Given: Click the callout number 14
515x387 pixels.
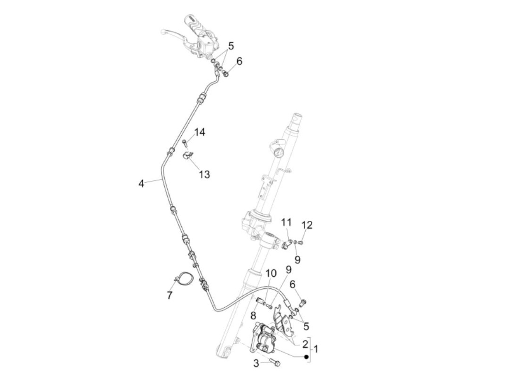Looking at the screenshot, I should click(200, 132).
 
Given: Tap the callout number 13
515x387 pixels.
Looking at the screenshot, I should click(204, 174).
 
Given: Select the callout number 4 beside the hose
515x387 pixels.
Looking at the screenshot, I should click(141, 183).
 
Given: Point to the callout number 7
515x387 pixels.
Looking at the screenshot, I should click(170, 295).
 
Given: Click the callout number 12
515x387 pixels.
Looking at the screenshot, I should click(307, 225).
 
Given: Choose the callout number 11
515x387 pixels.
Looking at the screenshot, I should click(286, 222).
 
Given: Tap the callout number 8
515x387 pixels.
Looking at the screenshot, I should click(253, 315).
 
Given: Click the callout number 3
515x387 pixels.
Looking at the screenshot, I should click(256, 364).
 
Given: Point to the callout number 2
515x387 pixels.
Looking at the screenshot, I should click(305, 344).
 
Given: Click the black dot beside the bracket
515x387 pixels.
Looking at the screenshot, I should click(306, 357).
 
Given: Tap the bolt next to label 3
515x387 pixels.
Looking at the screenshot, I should click(274, 362).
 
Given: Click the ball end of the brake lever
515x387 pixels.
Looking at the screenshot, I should click(163, 32).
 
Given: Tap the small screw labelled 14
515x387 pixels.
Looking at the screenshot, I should click(185, 142).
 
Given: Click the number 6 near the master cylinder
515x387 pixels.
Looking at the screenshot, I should click(239, 61).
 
